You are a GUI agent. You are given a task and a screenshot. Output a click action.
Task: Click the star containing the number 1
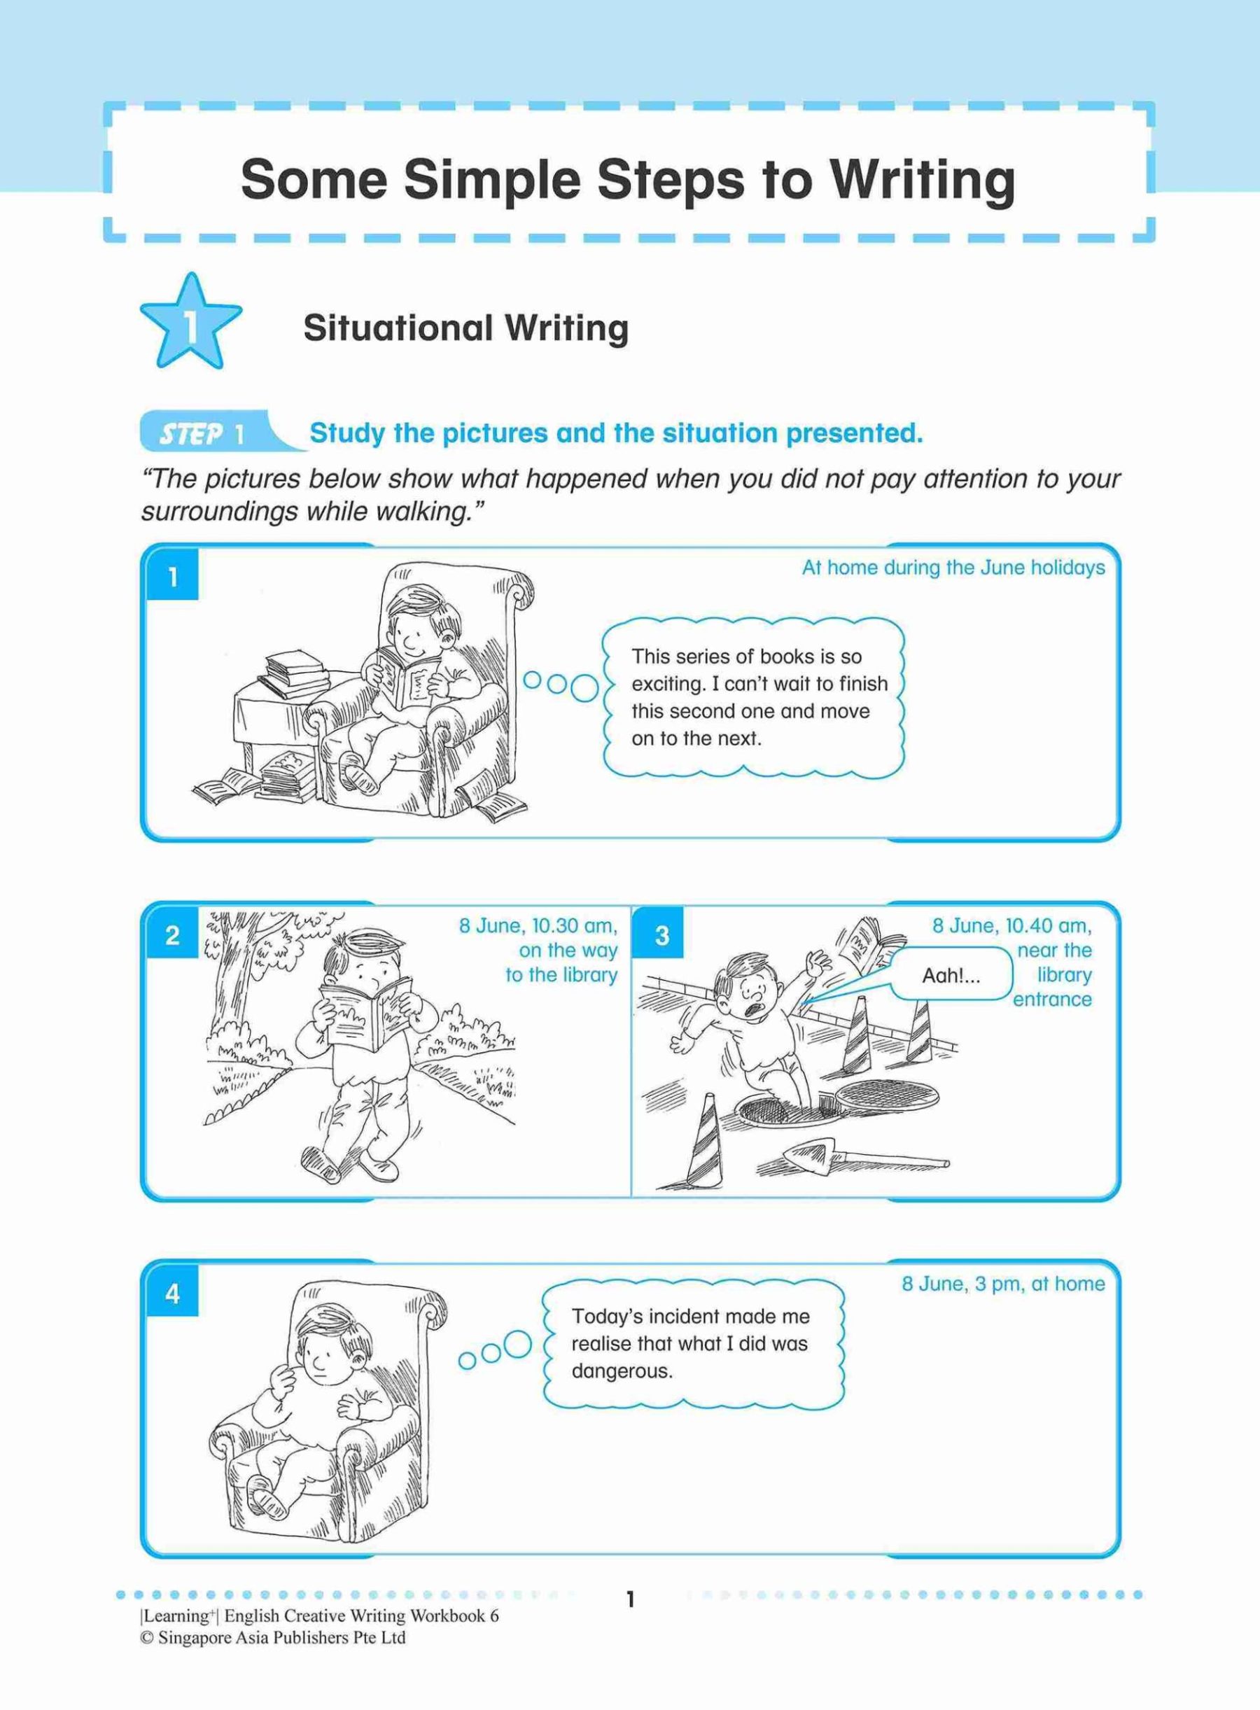click(190, 323)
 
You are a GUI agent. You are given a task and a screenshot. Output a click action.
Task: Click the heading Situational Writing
click(465, 329)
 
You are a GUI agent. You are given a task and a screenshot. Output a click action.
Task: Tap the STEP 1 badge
click(202, 434)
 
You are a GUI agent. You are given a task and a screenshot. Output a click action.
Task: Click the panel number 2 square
click(172, 934)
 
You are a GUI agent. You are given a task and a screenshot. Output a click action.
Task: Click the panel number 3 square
click(661, 934)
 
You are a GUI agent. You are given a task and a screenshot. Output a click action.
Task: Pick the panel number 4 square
click(172, 1294)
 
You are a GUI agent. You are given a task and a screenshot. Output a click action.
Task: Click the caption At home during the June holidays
click(953, 568)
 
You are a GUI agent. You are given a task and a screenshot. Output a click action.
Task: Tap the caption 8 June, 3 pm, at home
click(1003, 1284)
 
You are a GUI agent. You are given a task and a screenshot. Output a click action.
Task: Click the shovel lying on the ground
click(862, 1160)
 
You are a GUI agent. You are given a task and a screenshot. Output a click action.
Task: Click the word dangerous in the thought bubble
click(622, 1371)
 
